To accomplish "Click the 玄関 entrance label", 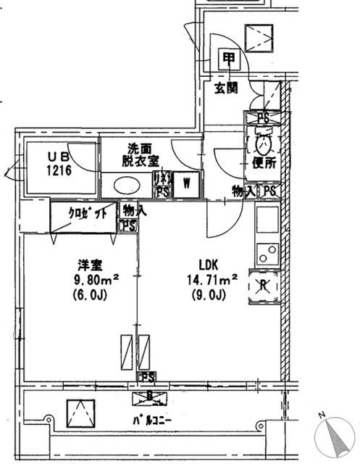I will pyautogui.click(x=225, y=89).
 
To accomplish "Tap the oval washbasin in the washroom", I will pyautogui.click(x=130, y=186).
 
